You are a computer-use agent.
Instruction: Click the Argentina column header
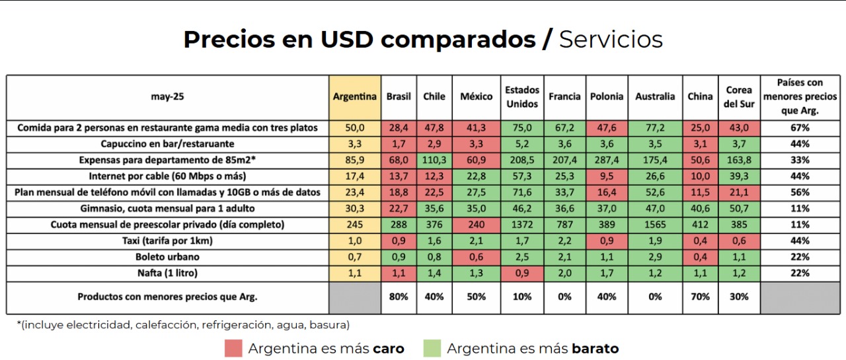click(355, 96)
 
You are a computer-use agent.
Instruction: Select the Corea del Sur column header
click(738, 96)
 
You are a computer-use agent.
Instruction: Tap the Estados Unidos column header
click(522, 96)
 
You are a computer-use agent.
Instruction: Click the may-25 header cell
click(168, 96)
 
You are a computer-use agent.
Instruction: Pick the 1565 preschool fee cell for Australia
click(655, 225)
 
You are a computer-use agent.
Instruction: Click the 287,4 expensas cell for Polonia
click(607, 161)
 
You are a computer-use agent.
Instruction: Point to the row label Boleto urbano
click(168, 257)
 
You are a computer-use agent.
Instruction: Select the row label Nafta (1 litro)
click(168, 273)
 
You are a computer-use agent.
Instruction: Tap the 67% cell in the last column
click(800, 127)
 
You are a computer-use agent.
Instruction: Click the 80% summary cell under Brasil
click(399, 297)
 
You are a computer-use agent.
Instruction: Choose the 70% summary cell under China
click(700, 297)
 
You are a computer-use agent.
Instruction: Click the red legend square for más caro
click(233, 348)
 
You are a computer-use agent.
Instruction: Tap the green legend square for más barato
click(432, 348)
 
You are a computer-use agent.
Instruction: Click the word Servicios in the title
click(611, 40)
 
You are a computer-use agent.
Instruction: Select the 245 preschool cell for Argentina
click(355, 225)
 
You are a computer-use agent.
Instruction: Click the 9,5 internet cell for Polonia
click(607, 176)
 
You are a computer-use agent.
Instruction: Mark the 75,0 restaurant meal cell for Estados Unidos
click(522, 127)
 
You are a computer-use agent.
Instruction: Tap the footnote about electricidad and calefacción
click(183, 325)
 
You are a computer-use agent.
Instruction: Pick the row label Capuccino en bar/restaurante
click(168, 144)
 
